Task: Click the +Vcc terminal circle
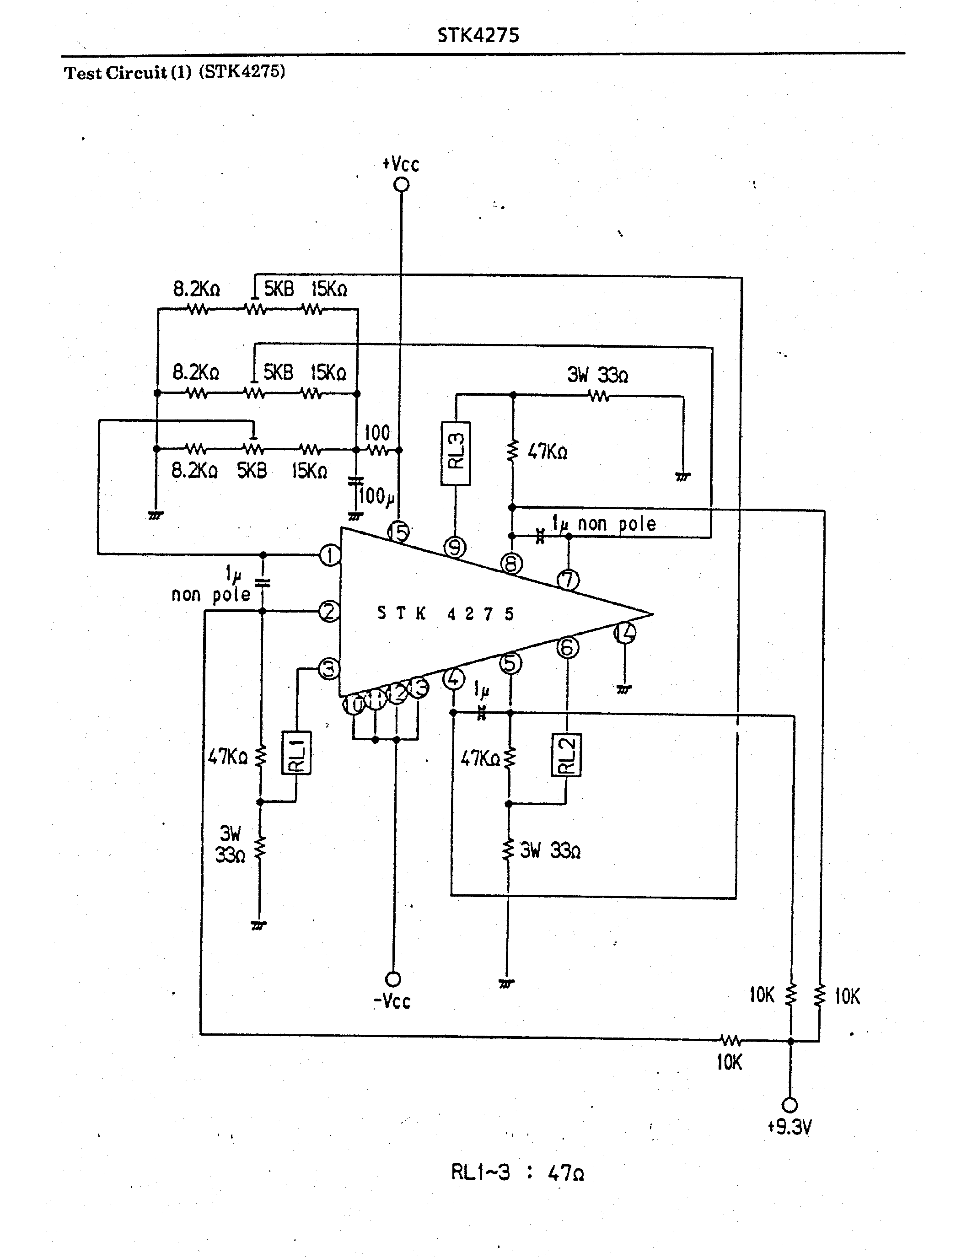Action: [401, 184]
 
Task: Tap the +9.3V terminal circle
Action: [790, 1105]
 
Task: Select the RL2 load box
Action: [567, 754]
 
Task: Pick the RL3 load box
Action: [456, 454]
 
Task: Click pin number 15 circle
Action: [398, 531]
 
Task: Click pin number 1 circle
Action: [330, 555]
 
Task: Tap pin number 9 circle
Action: [455, 547]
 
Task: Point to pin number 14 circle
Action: [625, 633]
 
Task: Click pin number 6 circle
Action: [567, 647]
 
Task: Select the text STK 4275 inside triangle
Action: [445, 613]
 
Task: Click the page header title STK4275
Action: [478, 35]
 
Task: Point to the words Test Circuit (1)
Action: [127, 73]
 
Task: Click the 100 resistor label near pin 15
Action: [377, 433]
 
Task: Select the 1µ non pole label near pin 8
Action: [603, 524]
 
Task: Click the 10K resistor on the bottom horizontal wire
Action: [730, 1040]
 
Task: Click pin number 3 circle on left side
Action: [329, 669]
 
